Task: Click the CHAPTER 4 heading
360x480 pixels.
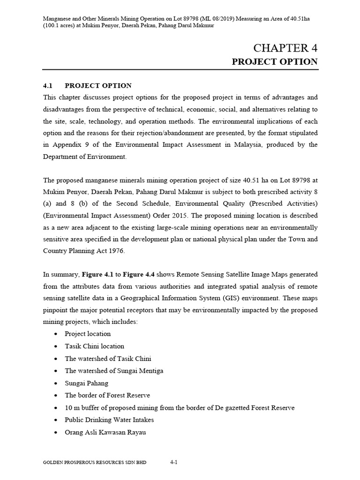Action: pos(285,48)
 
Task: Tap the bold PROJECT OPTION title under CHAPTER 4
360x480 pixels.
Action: pos(275,62)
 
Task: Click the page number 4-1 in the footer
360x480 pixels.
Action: pos(173,462)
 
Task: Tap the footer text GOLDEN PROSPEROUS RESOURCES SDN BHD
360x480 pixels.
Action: pos(95,463)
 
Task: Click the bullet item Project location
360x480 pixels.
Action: pos(88,334)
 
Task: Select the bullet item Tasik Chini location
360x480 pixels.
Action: pos(94,346)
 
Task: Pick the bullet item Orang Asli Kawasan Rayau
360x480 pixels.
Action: pos(105,432)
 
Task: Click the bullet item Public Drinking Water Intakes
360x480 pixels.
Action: pos(109,420)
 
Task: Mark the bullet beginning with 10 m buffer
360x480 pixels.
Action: pos(180,407)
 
